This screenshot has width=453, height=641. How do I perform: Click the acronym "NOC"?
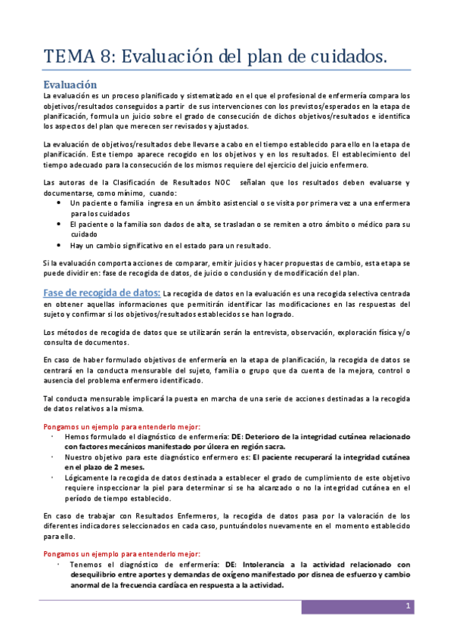tap(223, 183)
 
